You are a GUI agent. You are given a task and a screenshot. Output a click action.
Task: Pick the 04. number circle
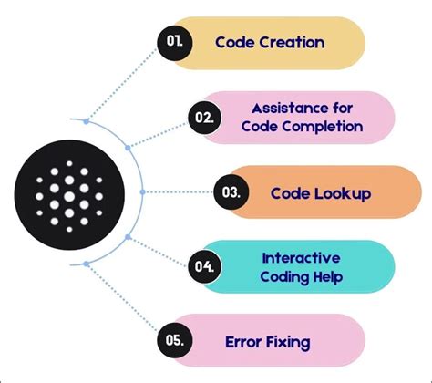(x=206, y=267)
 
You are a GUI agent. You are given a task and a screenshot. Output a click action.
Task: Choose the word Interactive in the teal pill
(x=301, y=258)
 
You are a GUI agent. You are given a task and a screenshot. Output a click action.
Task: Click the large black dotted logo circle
(x=69, y=192)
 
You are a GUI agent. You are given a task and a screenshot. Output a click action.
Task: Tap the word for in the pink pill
(x=339, y=108)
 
